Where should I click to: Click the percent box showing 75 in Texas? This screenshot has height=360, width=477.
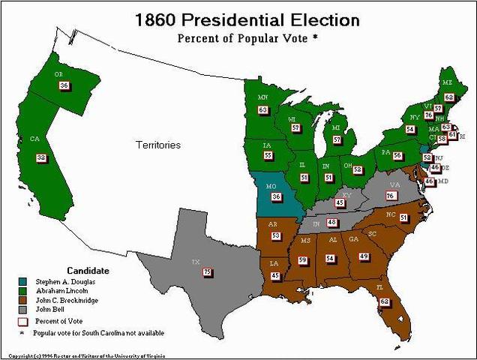[207, 271]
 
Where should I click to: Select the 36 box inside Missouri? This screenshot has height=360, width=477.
[276, 197]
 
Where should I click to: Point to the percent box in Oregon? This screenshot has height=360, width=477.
[64, 85]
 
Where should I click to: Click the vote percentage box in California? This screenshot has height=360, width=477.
[41, 158]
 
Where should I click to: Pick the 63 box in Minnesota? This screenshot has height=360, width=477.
[262, 110]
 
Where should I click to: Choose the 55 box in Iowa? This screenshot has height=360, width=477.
[268, 155]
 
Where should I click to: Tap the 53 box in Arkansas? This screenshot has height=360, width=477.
[276, 236]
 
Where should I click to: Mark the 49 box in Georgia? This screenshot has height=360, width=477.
[364, 256]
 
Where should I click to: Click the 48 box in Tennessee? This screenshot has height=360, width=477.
[331, 223]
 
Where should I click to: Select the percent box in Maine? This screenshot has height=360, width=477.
[448, 97]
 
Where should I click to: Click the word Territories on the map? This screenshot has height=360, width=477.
[157, 145]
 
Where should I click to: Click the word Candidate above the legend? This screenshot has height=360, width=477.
[88, 270]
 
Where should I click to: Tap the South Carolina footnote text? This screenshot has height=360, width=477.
[103, 332]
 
